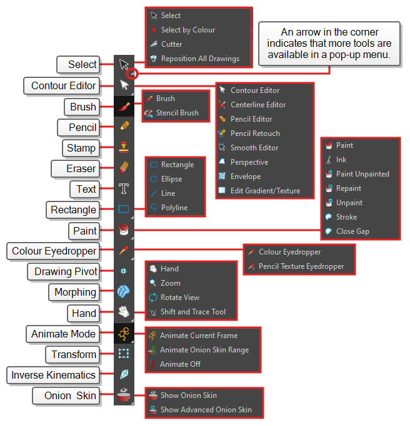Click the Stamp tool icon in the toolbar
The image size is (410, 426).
point(124,147)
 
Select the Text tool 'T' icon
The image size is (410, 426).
point(124,188)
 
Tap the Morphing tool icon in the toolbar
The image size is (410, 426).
point(124,291)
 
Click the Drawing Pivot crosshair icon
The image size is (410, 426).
point(124,271)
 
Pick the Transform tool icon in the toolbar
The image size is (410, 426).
point(124,354)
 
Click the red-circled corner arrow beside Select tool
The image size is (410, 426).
point(132,74)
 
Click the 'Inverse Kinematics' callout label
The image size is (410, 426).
point(53,375)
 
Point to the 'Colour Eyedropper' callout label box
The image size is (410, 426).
point(53,251)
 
